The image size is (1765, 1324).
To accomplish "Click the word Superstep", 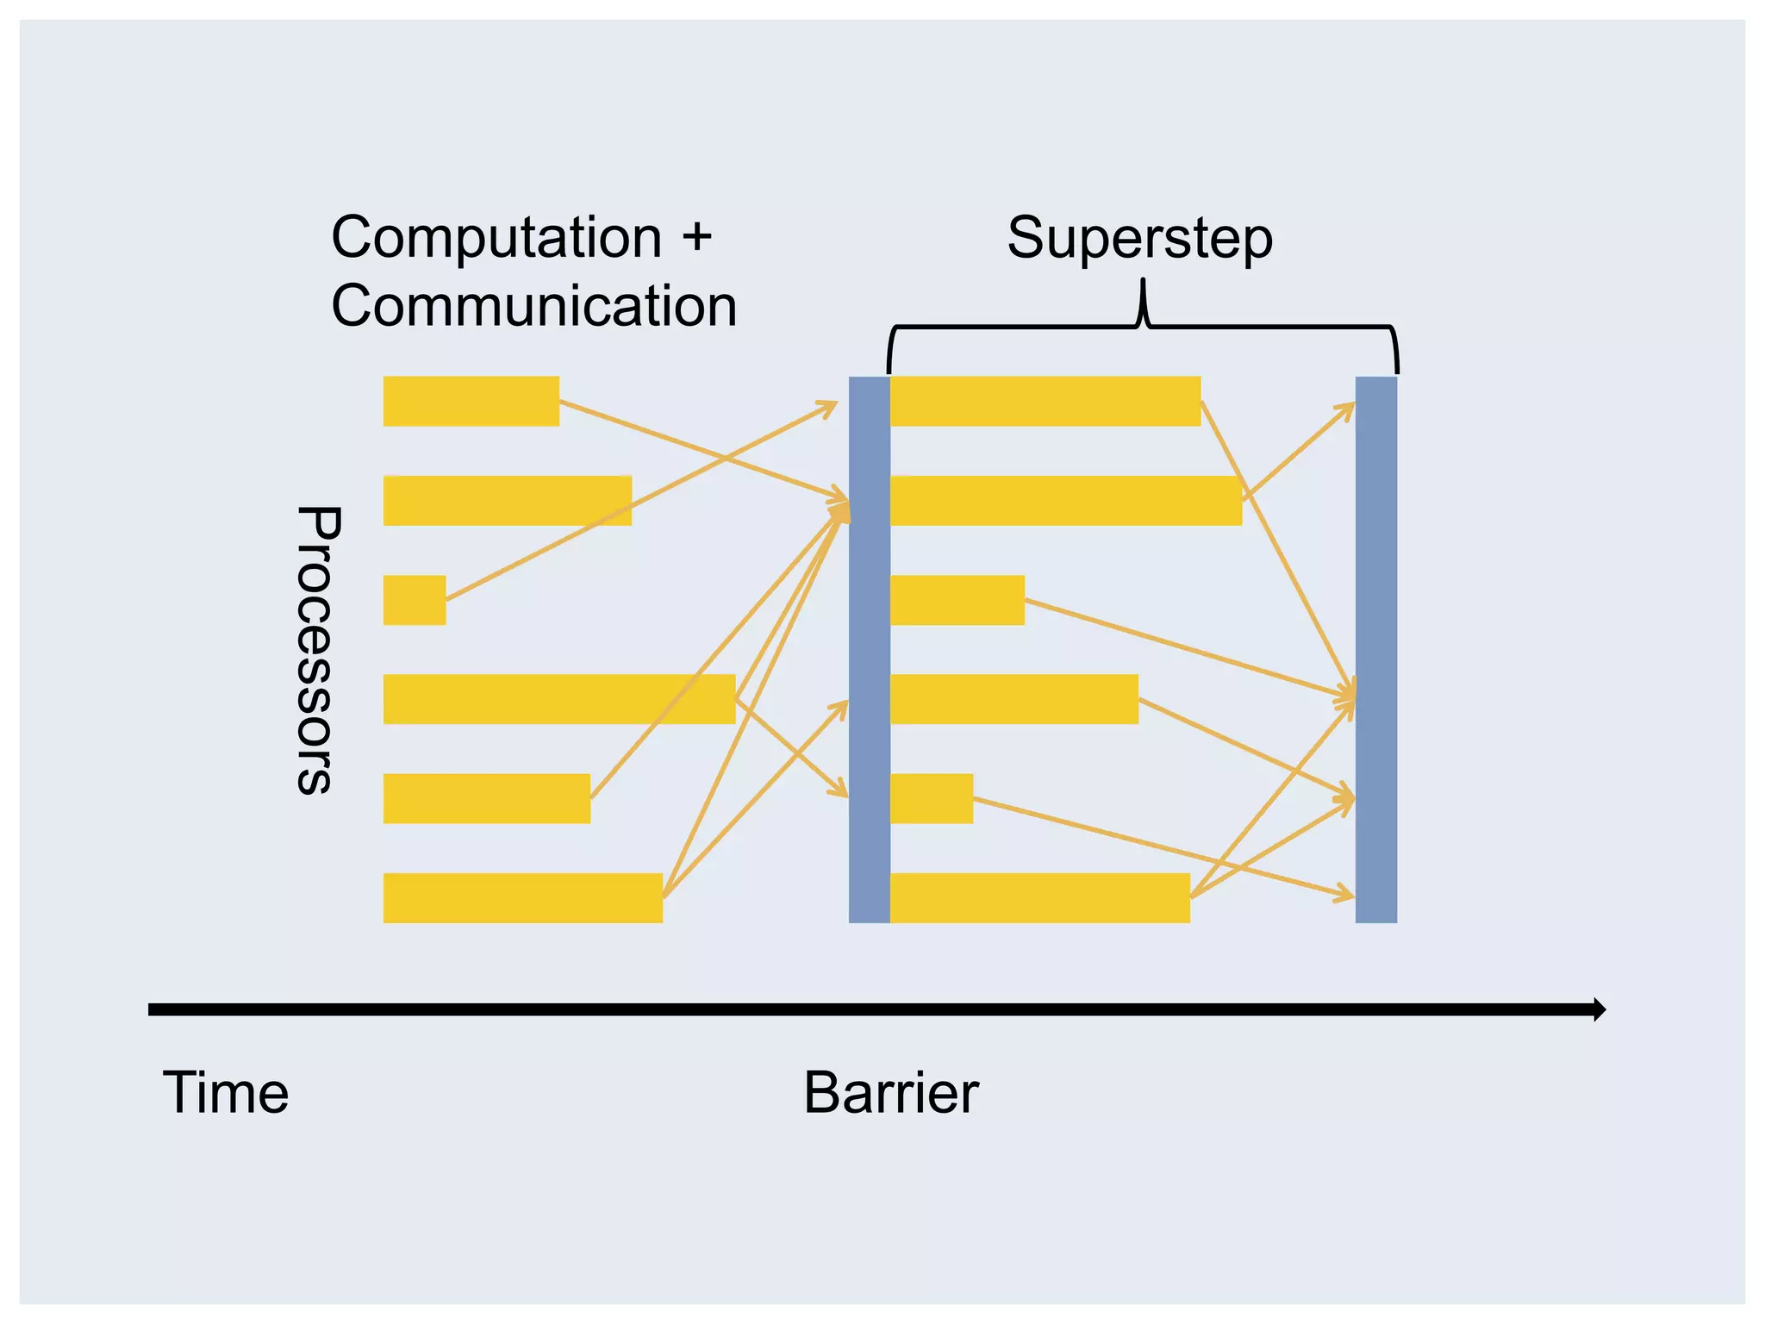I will click(x=1139, y=239).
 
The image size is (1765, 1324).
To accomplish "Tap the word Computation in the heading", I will click(x=496, y=237).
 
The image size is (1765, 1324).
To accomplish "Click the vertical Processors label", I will click(x=318, y=649).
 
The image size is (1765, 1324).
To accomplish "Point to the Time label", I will click(x=226, y=1093).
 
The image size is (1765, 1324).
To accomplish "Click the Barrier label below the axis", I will click(x=890, y=1093).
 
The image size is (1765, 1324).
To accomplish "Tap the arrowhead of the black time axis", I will click(x=1599, y=1009).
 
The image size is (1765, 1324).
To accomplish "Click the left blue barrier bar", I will click(x=869, y=649).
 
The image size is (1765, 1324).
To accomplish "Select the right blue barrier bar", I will click(x=1375, y=649).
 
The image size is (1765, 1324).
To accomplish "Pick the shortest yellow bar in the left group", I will click(x=415, y=600).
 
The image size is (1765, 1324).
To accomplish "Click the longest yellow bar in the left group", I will click(x=558, y=699).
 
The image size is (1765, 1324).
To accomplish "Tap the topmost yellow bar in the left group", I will click(x=471, y=401).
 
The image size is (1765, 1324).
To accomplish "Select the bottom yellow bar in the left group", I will click(x=522, y=898).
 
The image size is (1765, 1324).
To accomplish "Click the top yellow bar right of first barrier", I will click(x=1045, y=401).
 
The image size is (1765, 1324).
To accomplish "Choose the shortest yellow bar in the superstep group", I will click(x=931, y=798).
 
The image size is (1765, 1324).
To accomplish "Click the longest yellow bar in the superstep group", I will click(x=1065, y=501).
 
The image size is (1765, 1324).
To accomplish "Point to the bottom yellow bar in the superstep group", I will click(x=1039, y=898).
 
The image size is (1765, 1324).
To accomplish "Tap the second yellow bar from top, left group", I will click(x=507, y=501).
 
